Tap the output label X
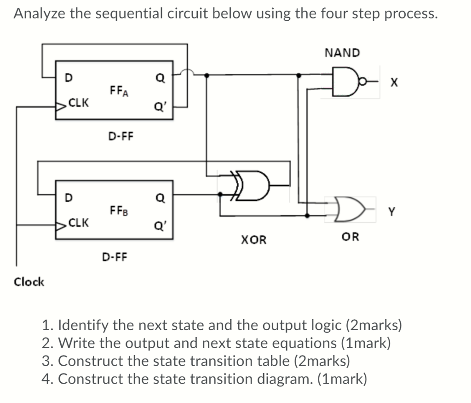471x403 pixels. (x=392, y=83)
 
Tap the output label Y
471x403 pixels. (x=391, y=212)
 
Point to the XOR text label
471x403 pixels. (x=253, y=240)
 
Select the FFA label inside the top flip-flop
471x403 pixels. (x=119, y=90)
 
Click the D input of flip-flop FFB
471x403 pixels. (x=68, y=198)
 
